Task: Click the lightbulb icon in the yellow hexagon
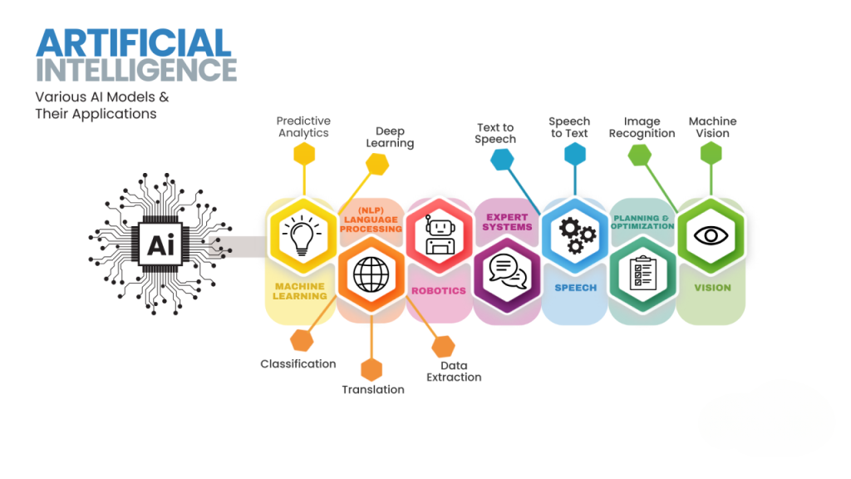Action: point(301,235)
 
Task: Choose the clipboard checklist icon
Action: point(642,273)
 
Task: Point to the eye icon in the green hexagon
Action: point(711,235)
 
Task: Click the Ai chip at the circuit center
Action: point(160,244)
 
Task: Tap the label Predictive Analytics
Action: point(303,126)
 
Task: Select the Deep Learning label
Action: point(390,137)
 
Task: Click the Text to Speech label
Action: point(495,133)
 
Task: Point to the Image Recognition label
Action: point(642,127)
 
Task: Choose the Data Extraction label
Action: point(454,371)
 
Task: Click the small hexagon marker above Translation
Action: point(371,368)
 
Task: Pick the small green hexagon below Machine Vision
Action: point(711,153)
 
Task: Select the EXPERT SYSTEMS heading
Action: point(508,222)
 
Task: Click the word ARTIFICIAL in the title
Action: point(133,43)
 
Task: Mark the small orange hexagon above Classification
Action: point(302,339)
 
